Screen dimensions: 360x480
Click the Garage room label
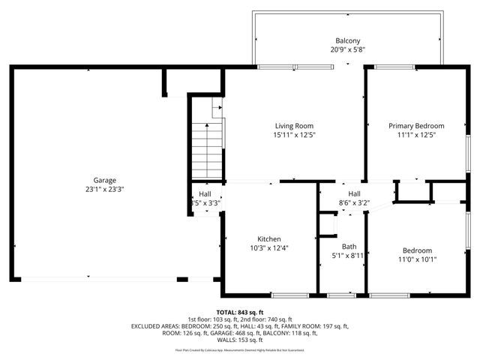pyautogui.click(x=104, y=180)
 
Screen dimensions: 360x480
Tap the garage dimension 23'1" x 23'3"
pyautogui.click(x=104, y=190)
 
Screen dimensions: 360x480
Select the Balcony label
pyautogui.click(x=347, y=40)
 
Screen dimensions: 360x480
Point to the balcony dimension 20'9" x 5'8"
pyautogui.click(x=347, y=50)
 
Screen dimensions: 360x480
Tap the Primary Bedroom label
pyautogui.click(x=416, y=126)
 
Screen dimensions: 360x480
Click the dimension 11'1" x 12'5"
pyautogui.click(x=416, y=136)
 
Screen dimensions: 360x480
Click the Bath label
pyautogui.click(x=349, y=246)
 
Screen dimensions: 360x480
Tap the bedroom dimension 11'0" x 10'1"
pyautogui.click(x=417, y=259)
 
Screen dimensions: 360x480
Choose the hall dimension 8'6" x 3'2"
pyautogui.click(x=355, y=202)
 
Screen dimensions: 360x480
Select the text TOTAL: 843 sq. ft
pyautogui.click(x=244, y=311)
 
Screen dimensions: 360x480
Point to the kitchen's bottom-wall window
pyautogui.click(x=289, y=295)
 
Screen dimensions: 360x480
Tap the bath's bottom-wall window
pyautogui.click(x=342, y=295)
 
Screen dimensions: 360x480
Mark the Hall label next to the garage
pyautogui.click(x=205, y=193)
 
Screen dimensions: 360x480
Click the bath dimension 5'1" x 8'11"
pyautogui.click(x=349, y=256)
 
